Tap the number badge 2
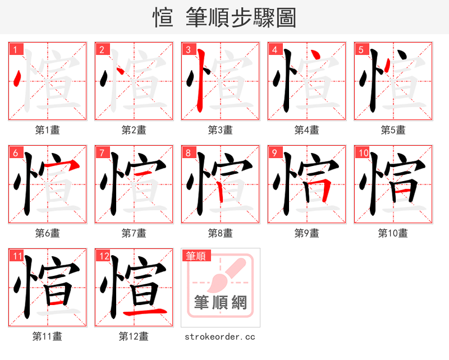click(102, 49)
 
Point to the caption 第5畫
click(393, 130)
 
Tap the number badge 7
click(102, 153)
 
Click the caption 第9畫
click(306, 233)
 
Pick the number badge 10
click(362, 153)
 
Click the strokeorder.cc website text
click(220, 336)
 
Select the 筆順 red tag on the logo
click(196, 256)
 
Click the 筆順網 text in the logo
click(220, 303)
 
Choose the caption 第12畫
click(134, 336)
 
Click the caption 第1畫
click(48, 130)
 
